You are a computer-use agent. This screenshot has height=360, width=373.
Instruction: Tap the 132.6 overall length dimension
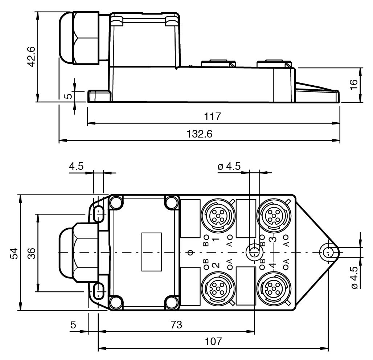pos(200,134)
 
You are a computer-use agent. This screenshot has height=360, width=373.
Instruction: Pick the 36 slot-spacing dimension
pos(32,253)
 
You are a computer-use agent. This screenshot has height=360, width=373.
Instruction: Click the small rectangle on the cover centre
pos(152,251)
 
